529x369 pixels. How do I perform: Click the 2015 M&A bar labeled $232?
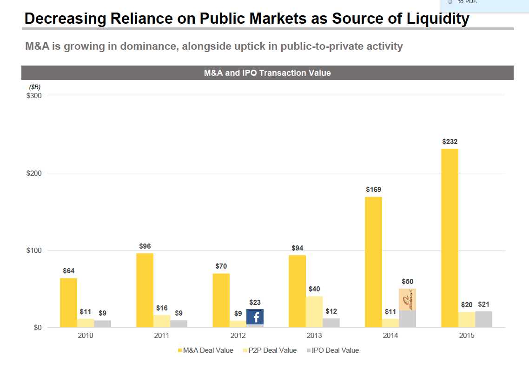click(450, 238)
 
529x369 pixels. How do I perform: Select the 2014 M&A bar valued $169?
click(373, 262)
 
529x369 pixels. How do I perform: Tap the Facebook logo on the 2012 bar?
click(255, 317)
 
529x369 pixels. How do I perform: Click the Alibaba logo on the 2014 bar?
click(407, 299)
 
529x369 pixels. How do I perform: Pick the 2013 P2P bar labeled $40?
click(314, 312)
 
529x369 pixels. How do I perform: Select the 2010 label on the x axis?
click(86, 336)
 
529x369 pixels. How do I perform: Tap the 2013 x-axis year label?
click(314, 336)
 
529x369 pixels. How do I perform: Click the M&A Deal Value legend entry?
click(205, 350)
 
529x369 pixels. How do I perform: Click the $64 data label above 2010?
click(69, 270)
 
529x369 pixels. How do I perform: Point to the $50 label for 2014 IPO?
click(407, 282)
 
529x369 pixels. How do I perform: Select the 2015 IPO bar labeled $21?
click(483, 319)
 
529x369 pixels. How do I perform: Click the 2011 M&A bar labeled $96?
click(145, 290)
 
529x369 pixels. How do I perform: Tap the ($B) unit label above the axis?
click(35, 87)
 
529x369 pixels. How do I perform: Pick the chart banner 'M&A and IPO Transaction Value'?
click(267, 73)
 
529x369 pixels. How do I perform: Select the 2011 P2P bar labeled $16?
click(162, 321)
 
